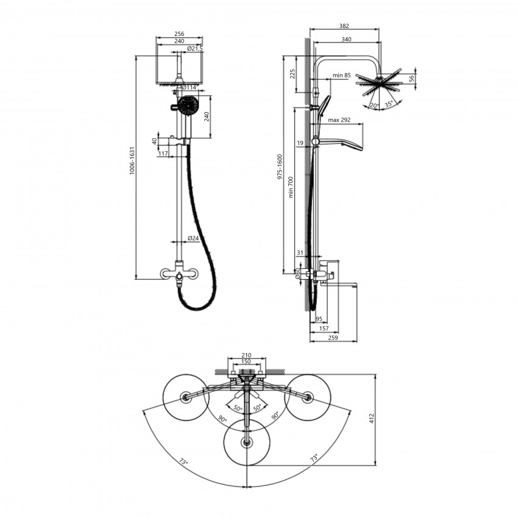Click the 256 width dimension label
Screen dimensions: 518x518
[179, 34]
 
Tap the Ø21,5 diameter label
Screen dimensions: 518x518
[194, 49]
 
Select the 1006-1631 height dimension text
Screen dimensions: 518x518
[132, 160]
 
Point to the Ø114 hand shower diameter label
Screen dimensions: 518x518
[190, 87]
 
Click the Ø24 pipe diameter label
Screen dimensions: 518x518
[193, 238]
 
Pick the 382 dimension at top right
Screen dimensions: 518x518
[344, 26]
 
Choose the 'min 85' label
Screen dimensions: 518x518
[342, 76]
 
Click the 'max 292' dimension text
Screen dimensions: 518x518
[339, 120]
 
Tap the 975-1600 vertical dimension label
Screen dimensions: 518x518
[280, 166]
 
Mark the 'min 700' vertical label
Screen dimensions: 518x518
[291, 187]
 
